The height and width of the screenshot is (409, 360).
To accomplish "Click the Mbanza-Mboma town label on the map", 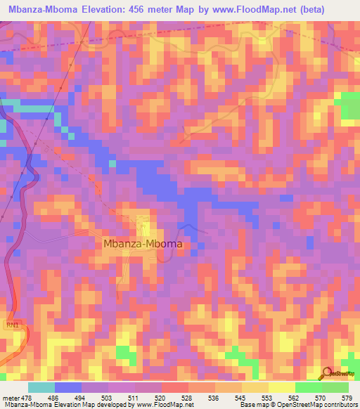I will click(143, 244).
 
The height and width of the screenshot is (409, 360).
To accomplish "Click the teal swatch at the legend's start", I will click(41, 387).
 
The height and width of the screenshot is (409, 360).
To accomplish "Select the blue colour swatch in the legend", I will click(68, 387).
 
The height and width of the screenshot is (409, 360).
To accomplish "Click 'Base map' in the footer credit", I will click(252, 404).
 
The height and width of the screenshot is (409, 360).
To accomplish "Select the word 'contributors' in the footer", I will click(340, 404).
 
